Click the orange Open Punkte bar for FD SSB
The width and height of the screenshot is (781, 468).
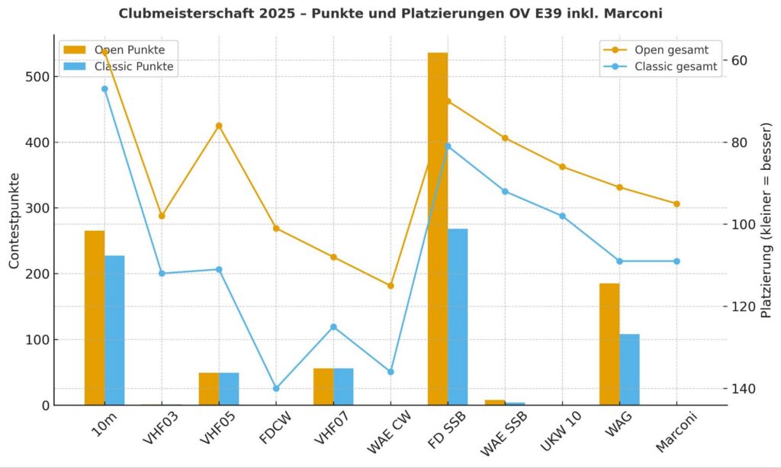[437, 229]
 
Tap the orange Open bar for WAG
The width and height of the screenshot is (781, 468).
[609, 344]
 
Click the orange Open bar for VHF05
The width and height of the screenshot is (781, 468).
[209, 389]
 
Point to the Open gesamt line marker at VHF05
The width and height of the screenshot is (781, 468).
[219, 126]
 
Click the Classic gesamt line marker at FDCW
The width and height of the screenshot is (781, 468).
[276, 389]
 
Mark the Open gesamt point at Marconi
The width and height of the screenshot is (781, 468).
[677, 204]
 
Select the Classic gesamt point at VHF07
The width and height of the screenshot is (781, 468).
[333, 327]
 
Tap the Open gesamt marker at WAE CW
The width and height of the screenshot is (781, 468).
[390, 286]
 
